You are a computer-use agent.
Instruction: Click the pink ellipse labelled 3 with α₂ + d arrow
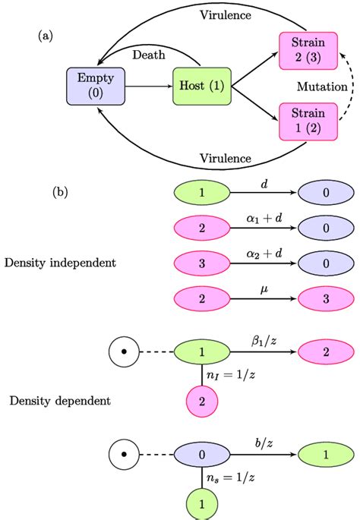[201, 263]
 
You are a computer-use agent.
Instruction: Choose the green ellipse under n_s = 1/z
[201, 503]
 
